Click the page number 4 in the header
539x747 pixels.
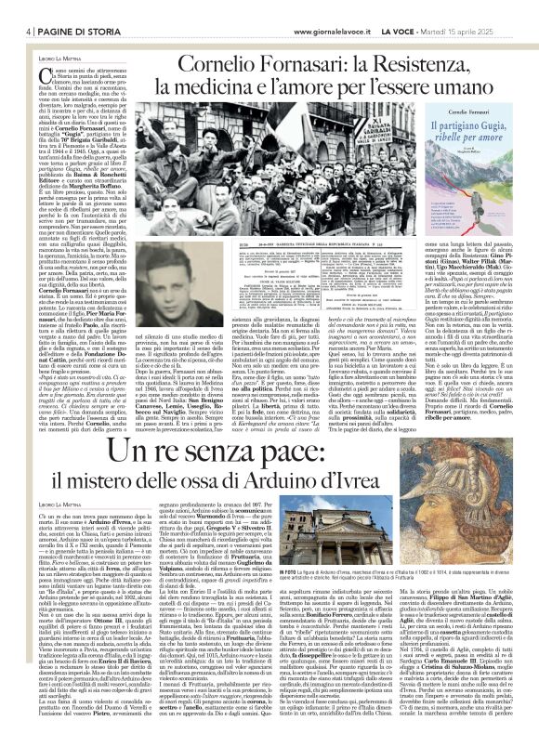[x=17, y=9]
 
